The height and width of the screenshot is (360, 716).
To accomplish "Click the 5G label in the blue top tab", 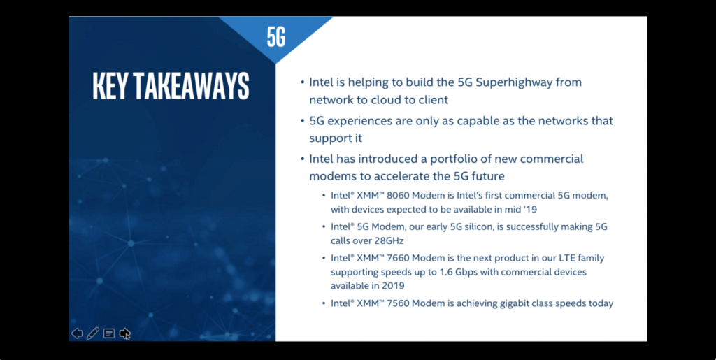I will pos(276,37).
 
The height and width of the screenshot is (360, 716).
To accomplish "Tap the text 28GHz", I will pos(380,240).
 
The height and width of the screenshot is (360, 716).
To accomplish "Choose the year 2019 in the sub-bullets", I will pos(393,285).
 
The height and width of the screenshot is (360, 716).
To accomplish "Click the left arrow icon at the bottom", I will pos(77,333).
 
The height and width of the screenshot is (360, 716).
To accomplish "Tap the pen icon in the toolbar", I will pos(93,333).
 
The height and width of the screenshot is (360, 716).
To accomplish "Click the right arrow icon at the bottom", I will pos(125,333).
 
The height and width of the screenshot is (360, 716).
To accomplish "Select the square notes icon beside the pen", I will pos(109,333).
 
